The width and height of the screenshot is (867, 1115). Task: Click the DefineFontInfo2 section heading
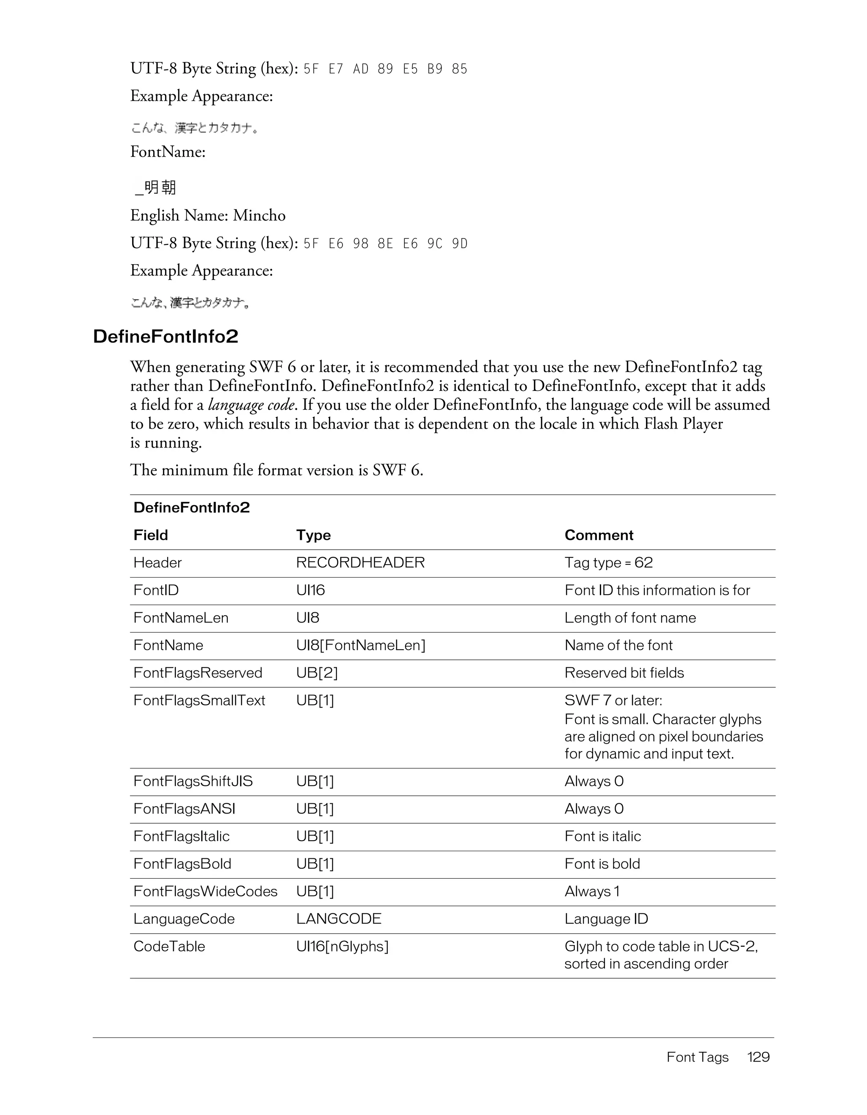pyautogui.click(x=166, y=336)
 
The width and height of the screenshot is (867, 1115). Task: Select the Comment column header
pyautogui.click(x=599, y=535)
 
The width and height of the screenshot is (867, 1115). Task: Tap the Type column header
pyautogui.click(x=313, y=535)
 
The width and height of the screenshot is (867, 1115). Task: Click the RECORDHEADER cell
pyautogui.click(x=360, y=563)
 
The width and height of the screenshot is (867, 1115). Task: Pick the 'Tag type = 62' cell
pyautogui.click(x=608, y=563)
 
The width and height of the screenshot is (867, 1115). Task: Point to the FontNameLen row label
pyautogui.click(x=181, y=618)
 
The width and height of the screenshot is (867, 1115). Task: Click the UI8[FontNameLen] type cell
pyautogui.click(x=360, y=645)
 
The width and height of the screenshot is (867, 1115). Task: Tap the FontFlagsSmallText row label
pyautogui.click(x=199, y=700)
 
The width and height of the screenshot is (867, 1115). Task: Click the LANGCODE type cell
pyautogui.click(x=338, y=919)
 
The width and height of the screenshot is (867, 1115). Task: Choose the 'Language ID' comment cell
pyautogui.click(x=606, y=919)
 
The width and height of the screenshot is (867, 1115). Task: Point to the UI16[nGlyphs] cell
pyautogui.click(x=342, y=946)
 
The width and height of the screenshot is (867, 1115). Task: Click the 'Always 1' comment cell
pyautogui.click(x=591, y=891)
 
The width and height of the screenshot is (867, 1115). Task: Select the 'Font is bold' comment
pyautogui.click(x=602, y=864)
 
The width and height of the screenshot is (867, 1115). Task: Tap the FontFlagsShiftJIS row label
pyautogui.click(x=193, y=781)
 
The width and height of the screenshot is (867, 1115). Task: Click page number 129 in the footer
pyautogui.click(x=758, y=1057)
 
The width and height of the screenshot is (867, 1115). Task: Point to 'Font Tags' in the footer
pyautogui.click(x=697, y=1057)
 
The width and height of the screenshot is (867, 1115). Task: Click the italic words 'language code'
pyautogui.click(x=251, y=405)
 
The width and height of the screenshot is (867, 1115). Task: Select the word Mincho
pyautogui.click(x=259, y=216)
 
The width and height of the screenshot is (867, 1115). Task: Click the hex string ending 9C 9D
pyautogui.click(x=385, y=243)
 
